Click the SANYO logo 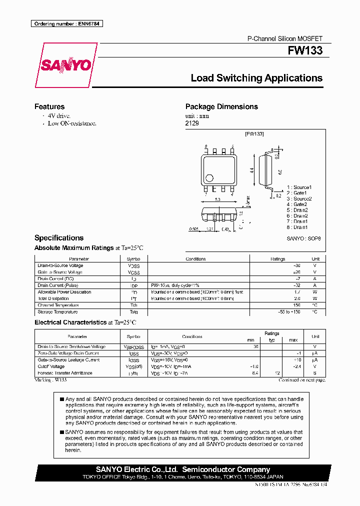tap(65, 65)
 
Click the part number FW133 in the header tap(305, 50)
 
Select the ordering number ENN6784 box tap(66, 24)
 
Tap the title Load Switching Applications tap(256, 78)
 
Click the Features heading tap(49, 106)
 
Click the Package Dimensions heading tap(221, 106)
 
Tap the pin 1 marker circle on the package tap(210, 177)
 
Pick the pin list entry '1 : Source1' tap(299, 187)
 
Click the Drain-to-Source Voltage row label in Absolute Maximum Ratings tap(60, 265)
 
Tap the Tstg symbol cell tap(134, 311)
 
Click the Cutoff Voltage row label tap(51, 366)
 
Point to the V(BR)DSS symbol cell tap(134, 346)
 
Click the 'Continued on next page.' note tap(301, 380)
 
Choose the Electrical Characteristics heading tap(70, 322)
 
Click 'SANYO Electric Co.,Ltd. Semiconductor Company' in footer tap(182, 469)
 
